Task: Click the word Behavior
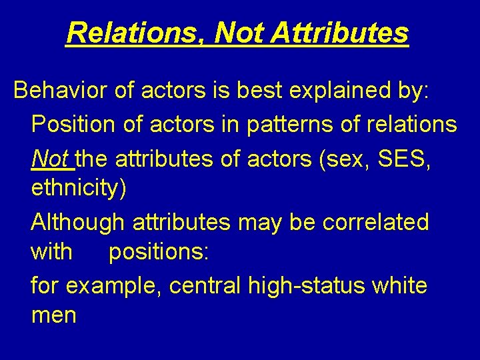pyautogui.click(x=60, y=91)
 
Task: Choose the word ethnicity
pyautogui.click(x=78, y=189)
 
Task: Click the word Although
pyautogui.click(x=77, y=221)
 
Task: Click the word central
pyautogui.click(x=205, y=286)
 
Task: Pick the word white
pyautogui.click(x=399, y=286)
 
